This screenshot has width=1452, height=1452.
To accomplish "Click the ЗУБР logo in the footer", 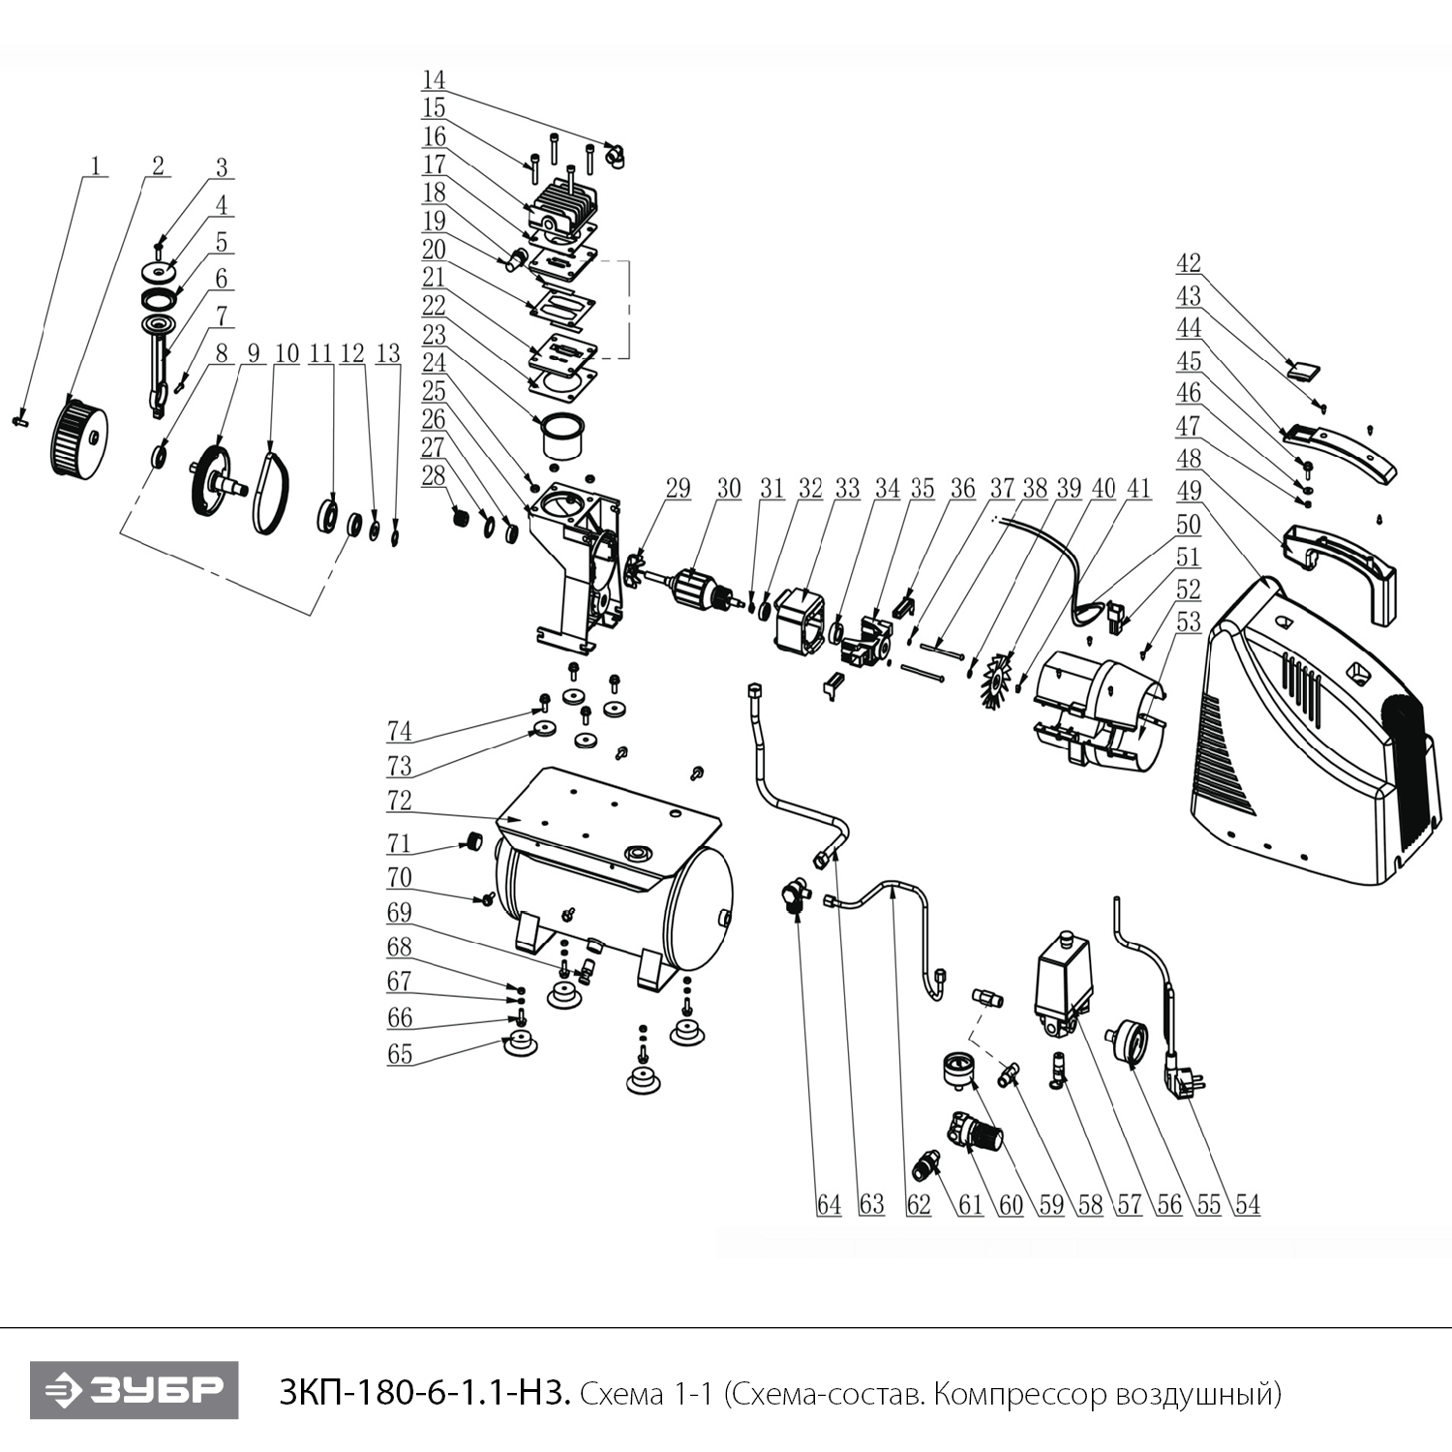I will click(134, 1391).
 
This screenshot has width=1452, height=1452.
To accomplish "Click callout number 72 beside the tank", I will click(399, 802).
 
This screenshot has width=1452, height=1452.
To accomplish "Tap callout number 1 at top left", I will click(95, 166).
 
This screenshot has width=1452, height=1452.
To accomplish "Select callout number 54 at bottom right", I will click(1247, 1204).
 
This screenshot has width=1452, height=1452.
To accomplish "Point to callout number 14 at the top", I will click(434, 79).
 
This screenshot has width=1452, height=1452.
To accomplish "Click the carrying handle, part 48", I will click(1341, 571).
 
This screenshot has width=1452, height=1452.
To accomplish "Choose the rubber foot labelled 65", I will click(521, 1045).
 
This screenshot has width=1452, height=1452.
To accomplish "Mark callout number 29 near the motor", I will click(678, 488).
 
